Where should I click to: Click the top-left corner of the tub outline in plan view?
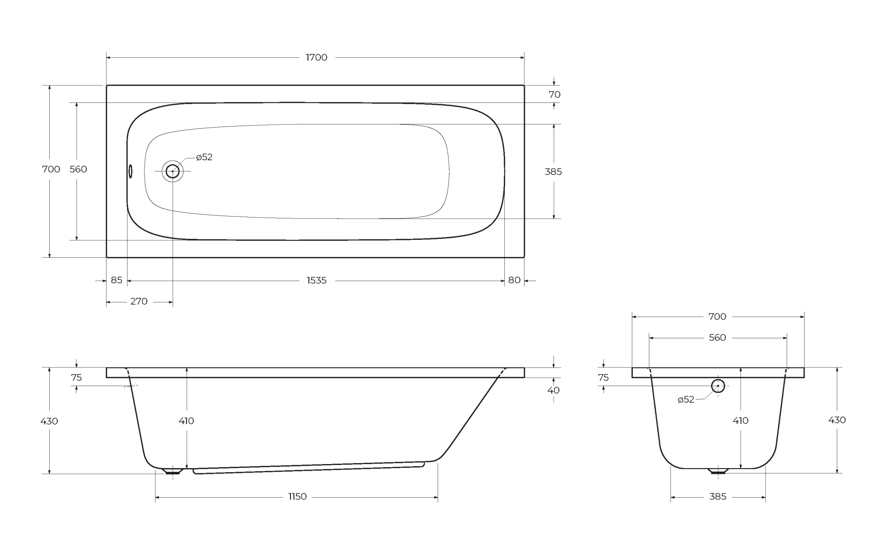tap(107, 85)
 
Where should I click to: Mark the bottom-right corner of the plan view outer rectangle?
tap(524, 257)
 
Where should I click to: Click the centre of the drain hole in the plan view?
tap(173, 171)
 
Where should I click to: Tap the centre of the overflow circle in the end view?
tap(718, 385)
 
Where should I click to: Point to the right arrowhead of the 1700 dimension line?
tap(521, 58)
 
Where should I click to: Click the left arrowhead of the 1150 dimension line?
tap(158, 497)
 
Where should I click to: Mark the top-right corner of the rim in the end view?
tap(804, 368)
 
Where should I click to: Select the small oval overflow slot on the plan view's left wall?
tap(130, 171)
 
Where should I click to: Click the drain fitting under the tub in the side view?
tap(173, 471)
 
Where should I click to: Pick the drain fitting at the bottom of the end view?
tap(718, 471)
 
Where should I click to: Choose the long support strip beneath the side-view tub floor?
tap(309, 469)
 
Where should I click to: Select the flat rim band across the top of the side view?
tap(315, 373)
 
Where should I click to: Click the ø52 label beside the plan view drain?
tap(205, 157)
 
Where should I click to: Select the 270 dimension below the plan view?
tap(139, 302)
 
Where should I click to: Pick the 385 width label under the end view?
tap(718, 497)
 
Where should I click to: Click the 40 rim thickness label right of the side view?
tap(554, 390)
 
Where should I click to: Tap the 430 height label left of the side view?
tap(49, 421)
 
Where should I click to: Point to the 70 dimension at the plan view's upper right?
tap(554, 94)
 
